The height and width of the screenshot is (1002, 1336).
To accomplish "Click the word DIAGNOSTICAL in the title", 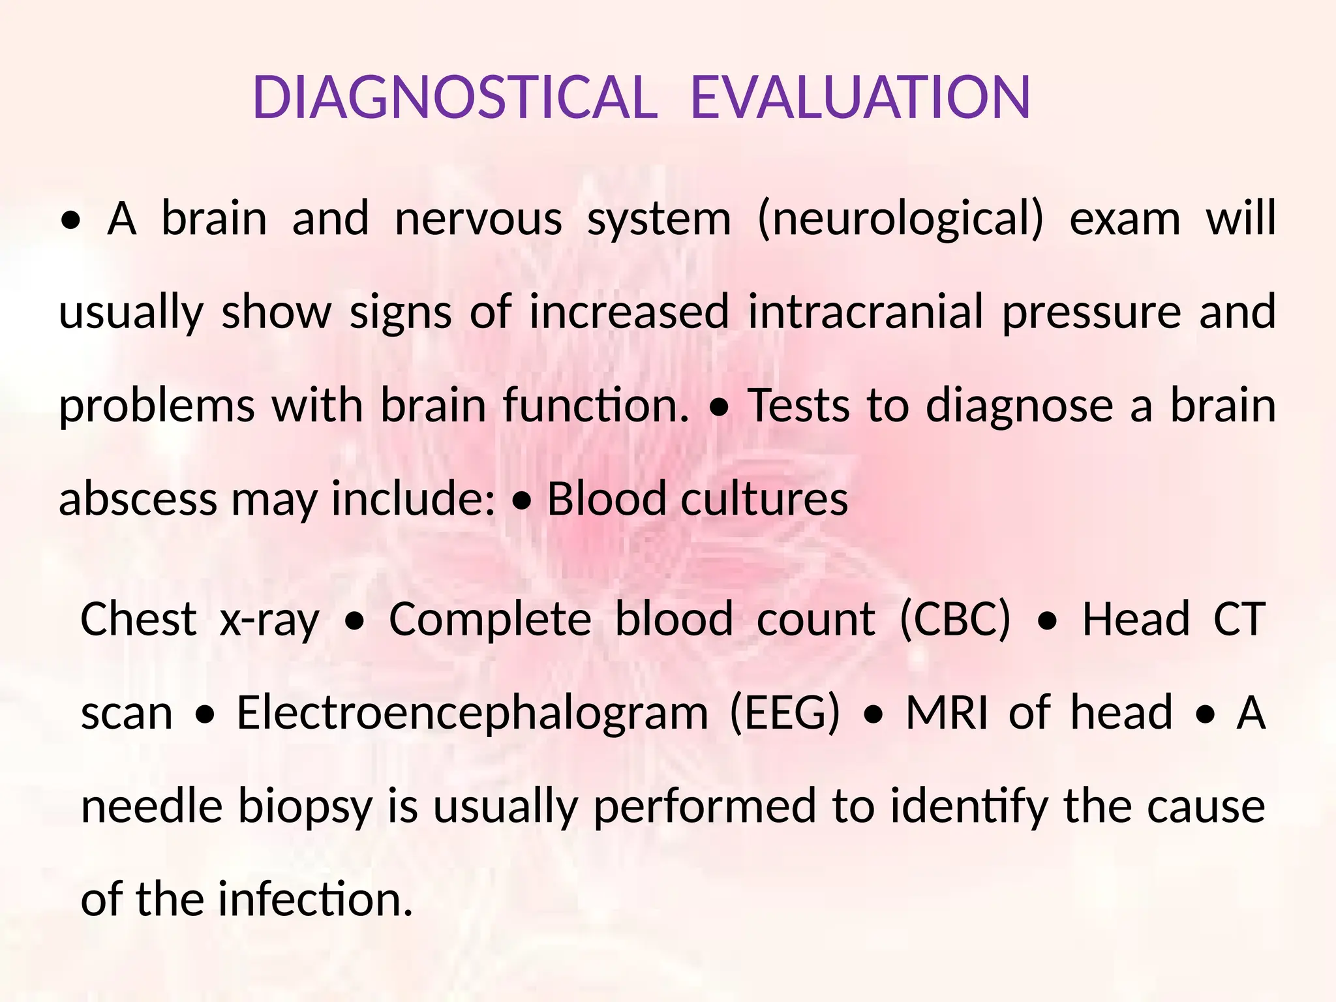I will coord(455,98).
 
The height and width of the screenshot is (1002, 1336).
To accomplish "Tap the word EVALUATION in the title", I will coord(860,98).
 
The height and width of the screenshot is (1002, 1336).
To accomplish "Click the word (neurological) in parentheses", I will coord(900,219).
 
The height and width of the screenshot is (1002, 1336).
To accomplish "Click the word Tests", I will coord(798,405).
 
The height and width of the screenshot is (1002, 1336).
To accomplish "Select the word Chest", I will coord(138,619).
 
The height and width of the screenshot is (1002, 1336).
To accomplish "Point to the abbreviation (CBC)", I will coord(955,619).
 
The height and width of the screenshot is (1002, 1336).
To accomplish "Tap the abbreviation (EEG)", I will coord(785,713).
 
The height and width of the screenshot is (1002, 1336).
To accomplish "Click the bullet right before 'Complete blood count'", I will coord(354,624).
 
